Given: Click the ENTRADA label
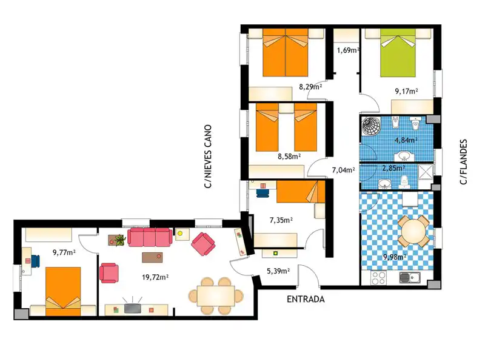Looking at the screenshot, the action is pyautogui.click(x=306, y=299).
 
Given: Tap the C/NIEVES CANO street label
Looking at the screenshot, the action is pyautogui.click(x=208, y=157).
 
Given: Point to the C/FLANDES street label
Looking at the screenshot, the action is pyautogui.click(x=463, y=162).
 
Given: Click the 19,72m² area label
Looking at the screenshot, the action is pyautogui.click(x=155, y=277).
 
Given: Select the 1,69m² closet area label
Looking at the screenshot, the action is pyautogui.click(x=348, y=50).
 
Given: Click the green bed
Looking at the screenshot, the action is pyautogui.click(x=398, y=53).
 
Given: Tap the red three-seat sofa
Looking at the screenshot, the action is pyautogui.click(x=150, y=237).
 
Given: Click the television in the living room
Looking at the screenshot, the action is pyautogui.click(x=132, y=308).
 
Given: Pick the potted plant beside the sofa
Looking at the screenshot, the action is pyautogui.click(x=119, y=240).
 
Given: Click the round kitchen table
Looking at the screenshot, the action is pyautogui.click(x=413, y=231).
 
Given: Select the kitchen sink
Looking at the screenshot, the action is pyautogui.click(x=410, y=278).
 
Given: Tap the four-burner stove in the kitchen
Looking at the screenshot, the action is pyautogui.click(x=378, y=278).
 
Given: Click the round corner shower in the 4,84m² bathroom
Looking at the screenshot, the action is pyautogui.click(x=371, y=126).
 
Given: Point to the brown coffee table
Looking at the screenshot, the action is pyautogui.click(x=152, y=257).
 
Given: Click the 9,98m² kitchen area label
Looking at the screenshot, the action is pyautogui.click(x=395, y=257).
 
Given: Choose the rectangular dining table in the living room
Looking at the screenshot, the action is pyautogui.click(x=216, y=296).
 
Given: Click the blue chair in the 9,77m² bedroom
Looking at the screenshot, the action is pyautogui.click(x=35, y=261).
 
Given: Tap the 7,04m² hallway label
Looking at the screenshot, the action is pyautogui.click(x=343, y=170).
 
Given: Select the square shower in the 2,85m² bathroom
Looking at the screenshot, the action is pyautogui.click(x=425, y=172).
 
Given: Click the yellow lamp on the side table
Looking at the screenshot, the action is pyautogui.click(x=179, y=234).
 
